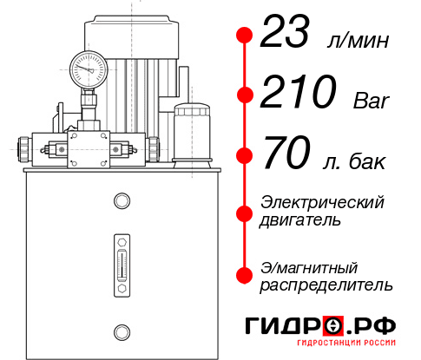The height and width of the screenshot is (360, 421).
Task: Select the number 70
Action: pos(284,156)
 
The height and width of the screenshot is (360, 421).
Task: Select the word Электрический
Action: pos(322,202)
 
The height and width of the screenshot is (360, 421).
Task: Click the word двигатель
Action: pos(300,220)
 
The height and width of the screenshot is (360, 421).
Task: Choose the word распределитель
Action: pos(326,285)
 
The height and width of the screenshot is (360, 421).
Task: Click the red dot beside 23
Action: pos(245,35)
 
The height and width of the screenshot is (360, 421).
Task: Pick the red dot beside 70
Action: pos(245,156)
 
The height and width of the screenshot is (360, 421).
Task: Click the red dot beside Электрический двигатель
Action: pos(245,211)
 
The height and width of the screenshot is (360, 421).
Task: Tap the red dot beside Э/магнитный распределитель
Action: pos(245,275)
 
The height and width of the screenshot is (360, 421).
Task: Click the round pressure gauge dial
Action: pos(88,67)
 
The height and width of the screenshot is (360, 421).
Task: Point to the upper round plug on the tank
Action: pos(121,202)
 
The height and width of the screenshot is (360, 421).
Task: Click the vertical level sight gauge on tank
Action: pos(121,260)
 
